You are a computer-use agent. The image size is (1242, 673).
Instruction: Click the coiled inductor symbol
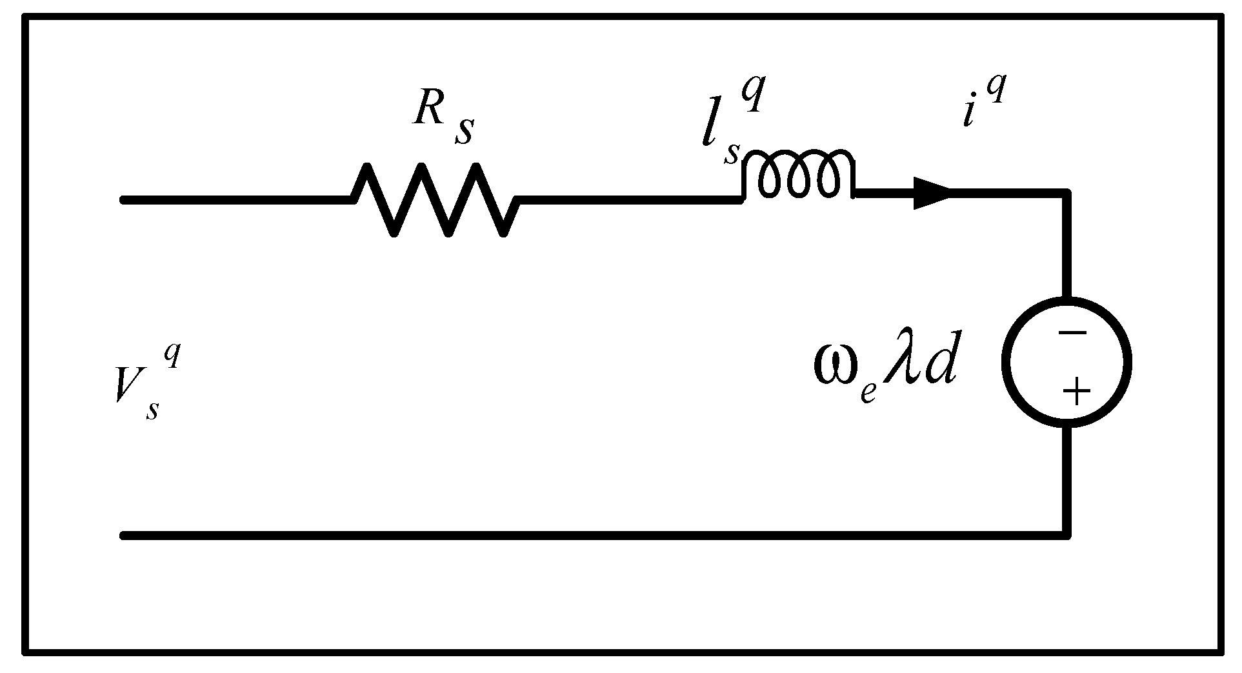799,176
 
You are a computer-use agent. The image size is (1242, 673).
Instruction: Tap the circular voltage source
1067,361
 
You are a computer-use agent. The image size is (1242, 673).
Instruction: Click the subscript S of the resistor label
464,131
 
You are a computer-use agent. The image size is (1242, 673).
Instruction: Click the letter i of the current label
968,114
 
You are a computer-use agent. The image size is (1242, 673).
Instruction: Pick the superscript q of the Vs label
172,356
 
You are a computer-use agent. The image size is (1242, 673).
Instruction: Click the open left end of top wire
124,200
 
